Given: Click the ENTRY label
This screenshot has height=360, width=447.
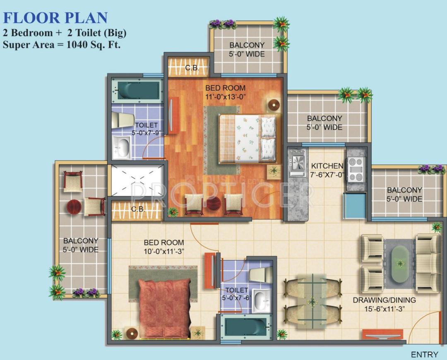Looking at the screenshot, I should click(x=424, y=355).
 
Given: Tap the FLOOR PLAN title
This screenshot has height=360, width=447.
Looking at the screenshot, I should click(x=55, y=18).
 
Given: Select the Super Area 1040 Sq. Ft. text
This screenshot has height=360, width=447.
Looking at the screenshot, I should click(x=62, y=45).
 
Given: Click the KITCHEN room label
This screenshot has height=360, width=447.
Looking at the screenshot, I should click(x=327, y=166).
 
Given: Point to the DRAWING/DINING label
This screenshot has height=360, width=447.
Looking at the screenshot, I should click(x=384, y=300).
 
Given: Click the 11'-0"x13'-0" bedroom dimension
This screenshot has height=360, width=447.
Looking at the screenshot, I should click(x=226, y=97).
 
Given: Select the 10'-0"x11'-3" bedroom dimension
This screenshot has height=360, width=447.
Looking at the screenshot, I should click(x=163, y=251).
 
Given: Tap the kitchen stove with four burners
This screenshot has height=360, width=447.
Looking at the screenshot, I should click(x=356, y=170).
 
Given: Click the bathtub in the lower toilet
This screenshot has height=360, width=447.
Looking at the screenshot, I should click(x=245, y=327).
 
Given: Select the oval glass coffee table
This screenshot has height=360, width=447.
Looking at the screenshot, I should click(x=399, y=264).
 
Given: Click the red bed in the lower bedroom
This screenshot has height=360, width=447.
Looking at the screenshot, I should click(x=164, y=308).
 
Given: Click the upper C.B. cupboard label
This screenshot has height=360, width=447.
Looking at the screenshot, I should click(x=191, y=67).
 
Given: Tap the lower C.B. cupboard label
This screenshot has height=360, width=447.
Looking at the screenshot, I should click(x=138, y=209).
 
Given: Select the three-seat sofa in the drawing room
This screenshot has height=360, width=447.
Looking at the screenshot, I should click(x=428, y=263).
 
